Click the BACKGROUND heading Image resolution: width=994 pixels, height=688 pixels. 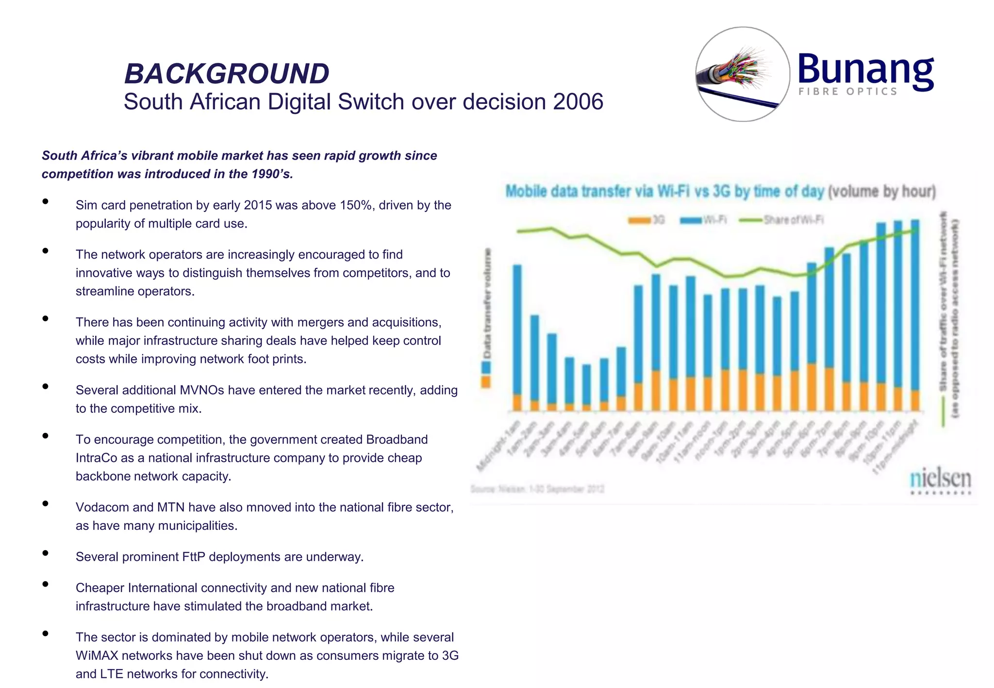coord(227,74)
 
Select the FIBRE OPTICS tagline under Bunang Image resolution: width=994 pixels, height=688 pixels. coord(847,92)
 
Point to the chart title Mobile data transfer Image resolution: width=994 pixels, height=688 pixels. coord(665,191)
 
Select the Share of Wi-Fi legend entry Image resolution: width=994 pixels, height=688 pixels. coord(781,220)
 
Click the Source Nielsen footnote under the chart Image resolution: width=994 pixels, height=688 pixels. coord(537,489)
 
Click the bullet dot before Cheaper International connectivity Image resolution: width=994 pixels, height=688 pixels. coord(45,584)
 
